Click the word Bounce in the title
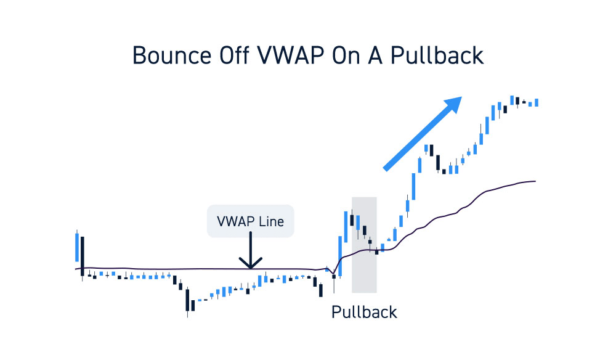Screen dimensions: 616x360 tap(172, 55)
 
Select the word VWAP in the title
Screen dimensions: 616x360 tap(291, 55)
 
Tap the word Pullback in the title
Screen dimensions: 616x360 tap(437, 55)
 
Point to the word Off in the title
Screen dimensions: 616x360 tap(234, 55)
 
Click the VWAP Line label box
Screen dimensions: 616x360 tap(250, 221)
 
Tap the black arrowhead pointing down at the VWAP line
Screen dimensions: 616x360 tap(250, 263)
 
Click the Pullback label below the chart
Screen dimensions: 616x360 tap(364, 312)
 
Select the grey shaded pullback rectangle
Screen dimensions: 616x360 tap(364, 245)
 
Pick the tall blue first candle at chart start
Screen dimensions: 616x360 tap(77, 247)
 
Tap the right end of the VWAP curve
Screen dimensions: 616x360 tap(535, 181)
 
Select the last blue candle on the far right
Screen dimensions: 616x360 tap(537, 102)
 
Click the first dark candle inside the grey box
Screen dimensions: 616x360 tap(352, 220)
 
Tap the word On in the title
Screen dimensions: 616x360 tap(346, 55)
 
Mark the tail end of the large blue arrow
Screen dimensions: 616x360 tap(386, 169)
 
